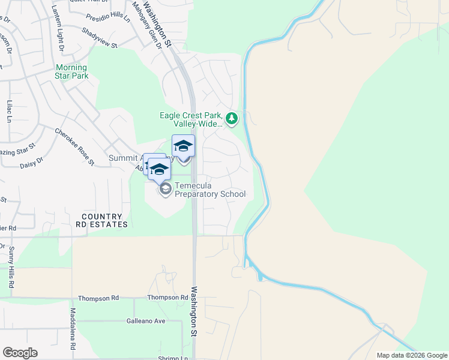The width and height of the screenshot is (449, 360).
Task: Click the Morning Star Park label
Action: click(71, 71)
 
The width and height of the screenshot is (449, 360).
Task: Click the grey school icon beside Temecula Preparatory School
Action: click(164, 189)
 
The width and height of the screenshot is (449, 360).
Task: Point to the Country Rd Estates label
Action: click(101, 220)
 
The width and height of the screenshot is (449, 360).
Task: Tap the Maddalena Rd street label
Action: click(73, 329)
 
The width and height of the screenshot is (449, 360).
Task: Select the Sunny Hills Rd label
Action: click(11, 269)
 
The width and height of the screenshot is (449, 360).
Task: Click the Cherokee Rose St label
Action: click(75, 146)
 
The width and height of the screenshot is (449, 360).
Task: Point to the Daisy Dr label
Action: click(32, 163)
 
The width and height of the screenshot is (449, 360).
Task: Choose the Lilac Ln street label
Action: click(10, 112)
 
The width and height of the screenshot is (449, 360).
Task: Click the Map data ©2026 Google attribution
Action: click(412, 355)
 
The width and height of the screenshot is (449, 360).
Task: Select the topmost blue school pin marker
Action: click(183, 145)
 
